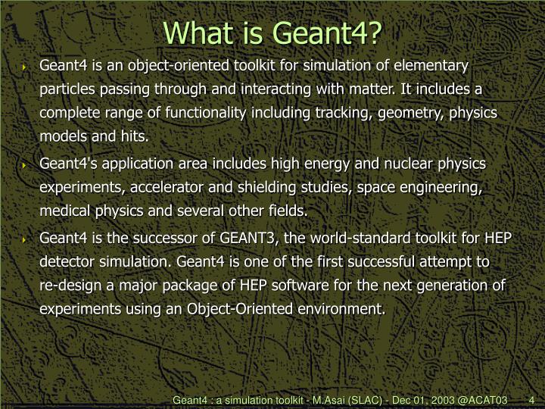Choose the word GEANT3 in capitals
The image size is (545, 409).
tap(248, 238)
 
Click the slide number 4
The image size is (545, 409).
tap(532, 399)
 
